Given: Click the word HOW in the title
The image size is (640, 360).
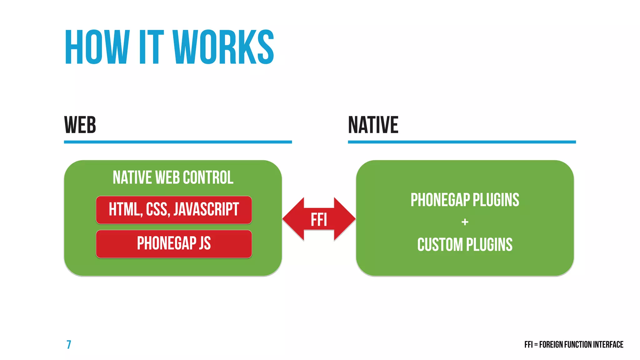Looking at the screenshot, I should [97, 47].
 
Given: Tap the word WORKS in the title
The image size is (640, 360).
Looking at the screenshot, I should [223, 47].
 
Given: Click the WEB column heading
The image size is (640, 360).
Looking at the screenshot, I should [80, 125].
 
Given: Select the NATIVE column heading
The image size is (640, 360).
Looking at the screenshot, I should [373, 125].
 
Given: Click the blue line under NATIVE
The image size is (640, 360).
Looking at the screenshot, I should [462, 142].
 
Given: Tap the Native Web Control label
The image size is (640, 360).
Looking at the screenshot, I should [173, 177].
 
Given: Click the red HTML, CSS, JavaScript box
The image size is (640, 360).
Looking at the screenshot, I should [174, 210].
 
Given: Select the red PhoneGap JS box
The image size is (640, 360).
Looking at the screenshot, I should [174, 244].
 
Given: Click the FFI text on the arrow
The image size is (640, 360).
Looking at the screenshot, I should [319, 219].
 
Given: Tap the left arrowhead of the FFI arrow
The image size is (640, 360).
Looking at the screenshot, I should [292, 219].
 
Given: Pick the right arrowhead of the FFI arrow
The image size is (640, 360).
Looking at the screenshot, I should [345, 219].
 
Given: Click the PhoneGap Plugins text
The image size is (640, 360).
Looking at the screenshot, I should [465, 200].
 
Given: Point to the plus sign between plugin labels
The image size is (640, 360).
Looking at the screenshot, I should [465, 222].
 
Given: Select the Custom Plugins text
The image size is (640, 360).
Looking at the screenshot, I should [465, 245].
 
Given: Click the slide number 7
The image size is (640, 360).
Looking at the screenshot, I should [69, 344].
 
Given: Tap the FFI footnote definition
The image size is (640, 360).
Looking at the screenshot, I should [573, 344].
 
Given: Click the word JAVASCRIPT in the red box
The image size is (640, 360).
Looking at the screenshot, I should [206, 209].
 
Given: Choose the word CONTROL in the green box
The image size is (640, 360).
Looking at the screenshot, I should [208, 177].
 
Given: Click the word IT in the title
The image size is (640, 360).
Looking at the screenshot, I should [151, 47].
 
